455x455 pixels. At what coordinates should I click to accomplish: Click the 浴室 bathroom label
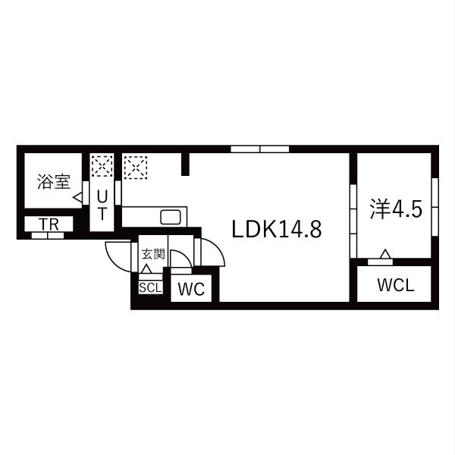pos(53,182)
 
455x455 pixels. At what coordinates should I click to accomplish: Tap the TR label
pos(49,224)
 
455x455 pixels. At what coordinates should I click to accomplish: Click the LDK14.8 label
pos(277,229)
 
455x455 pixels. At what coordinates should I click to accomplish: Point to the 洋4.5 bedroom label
pos(395,209)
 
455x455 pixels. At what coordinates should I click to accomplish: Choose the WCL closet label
pos(394,287)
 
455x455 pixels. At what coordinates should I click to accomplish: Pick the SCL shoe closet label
pos(149,287)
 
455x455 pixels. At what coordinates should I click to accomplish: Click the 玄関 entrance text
pos(152,253)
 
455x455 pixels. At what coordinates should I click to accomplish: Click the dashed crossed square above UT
pos(101,166)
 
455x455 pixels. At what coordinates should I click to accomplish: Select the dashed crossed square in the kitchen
pos(135,166)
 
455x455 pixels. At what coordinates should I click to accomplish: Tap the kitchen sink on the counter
pos(171,217)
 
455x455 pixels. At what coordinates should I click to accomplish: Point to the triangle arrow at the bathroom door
pos(77,197)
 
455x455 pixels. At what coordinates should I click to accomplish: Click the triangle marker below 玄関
pos(146,268)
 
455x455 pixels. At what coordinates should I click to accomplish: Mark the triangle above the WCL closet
pos(386,253)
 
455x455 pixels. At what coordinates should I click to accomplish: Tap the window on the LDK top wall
pos(259,149)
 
